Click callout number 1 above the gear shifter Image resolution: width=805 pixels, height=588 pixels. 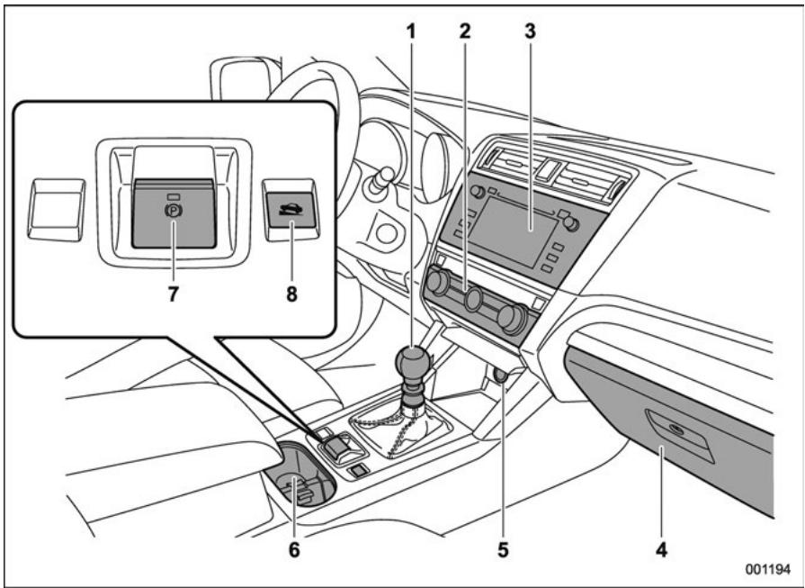pyautogui.click(x=410, y=29)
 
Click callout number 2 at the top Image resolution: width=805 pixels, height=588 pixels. pyautogui.click(x=465, y=29)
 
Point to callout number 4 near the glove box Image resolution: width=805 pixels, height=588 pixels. pyautogui.click(x=661, y=546)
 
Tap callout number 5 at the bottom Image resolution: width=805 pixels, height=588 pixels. pyautogui.click(x=501, y=546)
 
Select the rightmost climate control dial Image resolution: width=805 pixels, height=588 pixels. pyautogui.click(x=512, y=318)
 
